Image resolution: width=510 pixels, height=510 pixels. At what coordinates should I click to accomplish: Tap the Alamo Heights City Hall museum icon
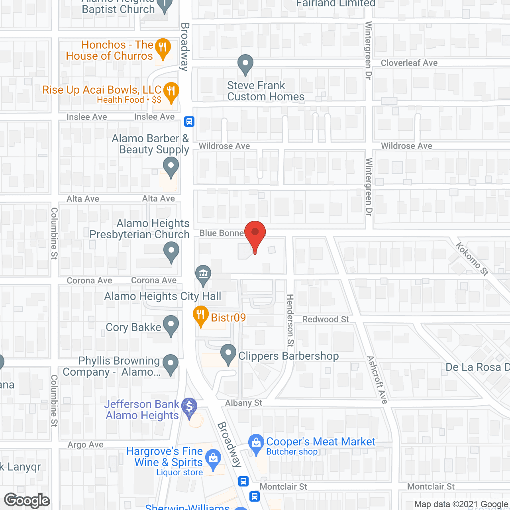[203, 274]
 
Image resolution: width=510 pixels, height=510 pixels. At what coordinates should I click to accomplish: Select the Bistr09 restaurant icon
[200, 315]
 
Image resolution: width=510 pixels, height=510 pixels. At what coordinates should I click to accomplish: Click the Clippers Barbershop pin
[228, 353]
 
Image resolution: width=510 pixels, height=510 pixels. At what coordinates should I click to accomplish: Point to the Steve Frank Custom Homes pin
[245, 64]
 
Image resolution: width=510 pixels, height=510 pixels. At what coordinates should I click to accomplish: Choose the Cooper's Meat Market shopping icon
[256, 443]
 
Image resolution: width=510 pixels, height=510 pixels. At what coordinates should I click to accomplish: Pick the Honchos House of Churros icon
[163, 47]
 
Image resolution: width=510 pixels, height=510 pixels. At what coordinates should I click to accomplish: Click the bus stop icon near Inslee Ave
[189, 122]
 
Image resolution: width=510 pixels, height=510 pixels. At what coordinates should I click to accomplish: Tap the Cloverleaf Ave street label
[409, 63]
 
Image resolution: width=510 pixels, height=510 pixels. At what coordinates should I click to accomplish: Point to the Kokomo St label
[472, 259]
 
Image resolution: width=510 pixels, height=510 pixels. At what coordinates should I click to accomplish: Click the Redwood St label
[326, 320]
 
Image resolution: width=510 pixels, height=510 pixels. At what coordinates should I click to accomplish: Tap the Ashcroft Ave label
[377, 379]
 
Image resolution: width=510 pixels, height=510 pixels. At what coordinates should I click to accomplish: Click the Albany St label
[243, 403]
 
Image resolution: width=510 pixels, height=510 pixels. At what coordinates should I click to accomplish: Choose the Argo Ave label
[85, 445]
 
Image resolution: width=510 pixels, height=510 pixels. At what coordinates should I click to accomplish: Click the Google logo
[27, 500]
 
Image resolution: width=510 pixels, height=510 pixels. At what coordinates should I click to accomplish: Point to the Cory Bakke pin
[171, 324]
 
